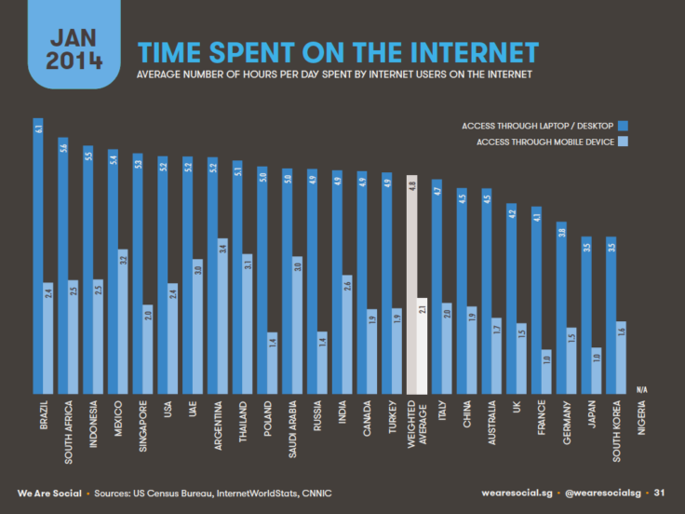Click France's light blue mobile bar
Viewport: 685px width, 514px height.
point(547,372)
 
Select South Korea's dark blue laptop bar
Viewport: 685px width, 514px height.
point(611,316)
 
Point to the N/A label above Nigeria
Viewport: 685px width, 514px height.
point(642,387)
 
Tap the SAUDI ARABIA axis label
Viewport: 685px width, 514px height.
point(292,429)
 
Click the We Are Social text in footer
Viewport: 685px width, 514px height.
point(48,492)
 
